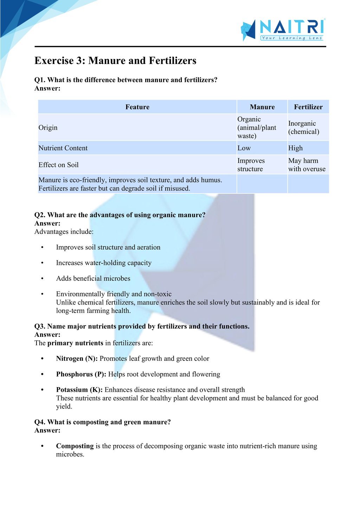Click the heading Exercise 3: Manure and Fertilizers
pos(115,61)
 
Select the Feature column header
pos(137,107)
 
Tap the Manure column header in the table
pos(262,107)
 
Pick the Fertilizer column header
pos(308,107)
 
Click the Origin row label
pos(48,128)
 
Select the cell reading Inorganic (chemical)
pos(304,128)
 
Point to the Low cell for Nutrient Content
pos(244,148)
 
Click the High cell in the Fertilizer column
pos(295,148)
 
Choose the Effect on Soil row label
pos(58,165)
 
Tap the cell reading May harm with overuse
pos(307,165)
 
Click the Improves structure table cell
pos(251,165)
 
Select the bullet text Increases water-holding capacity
pos(104,263)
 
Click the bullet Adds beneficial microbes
pos(93,278)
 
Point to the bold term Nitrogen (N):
pos(77,359)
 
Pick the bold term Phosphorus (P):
pos(81,374)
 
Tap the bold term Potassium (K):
pos(79,390)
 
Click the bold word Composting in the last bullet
pos(75,446)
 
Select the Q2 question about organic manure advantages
pos(120,215)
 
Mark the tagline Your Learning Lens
pos(291,38)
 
